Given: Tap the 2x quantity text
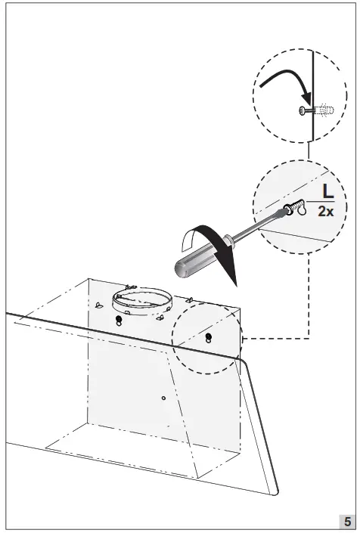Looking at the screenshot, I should pos(326,212).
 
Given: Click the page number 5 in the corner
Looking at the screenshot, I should pos(346,522).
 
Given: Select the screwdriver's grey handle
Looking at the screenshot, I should pos(194,258).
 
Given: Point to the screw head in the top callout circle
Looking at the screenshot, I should pos(303,111).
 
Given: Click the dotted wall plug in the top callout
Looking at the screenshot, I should pos(324,111).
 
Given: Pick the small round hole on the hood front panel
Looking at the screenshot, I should pos(163,397).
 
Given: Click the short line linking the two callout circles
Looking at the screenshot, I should pos(308,151).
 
